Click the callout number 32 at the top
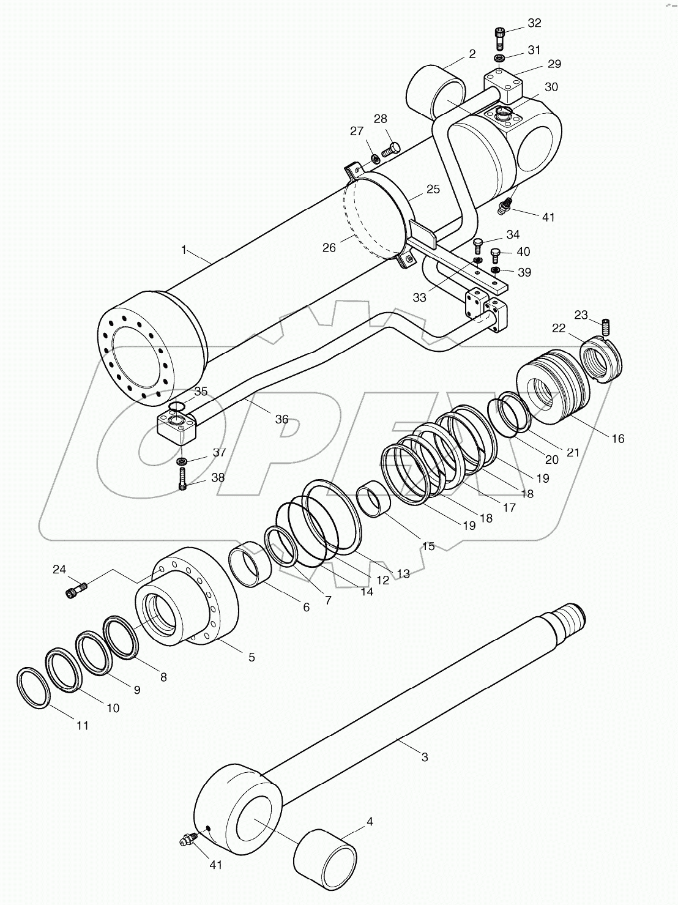534,23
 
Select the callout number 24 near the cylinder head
59,570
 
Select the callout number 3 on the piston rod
425,758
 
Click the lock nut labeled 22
600,360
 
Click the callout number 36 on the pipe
281,419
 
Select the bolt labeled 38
183,478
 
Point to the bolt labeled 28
391,148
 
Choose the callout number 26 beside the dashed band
329,248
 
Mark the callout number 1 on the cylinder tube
184,250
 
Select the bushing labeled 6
251,565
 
